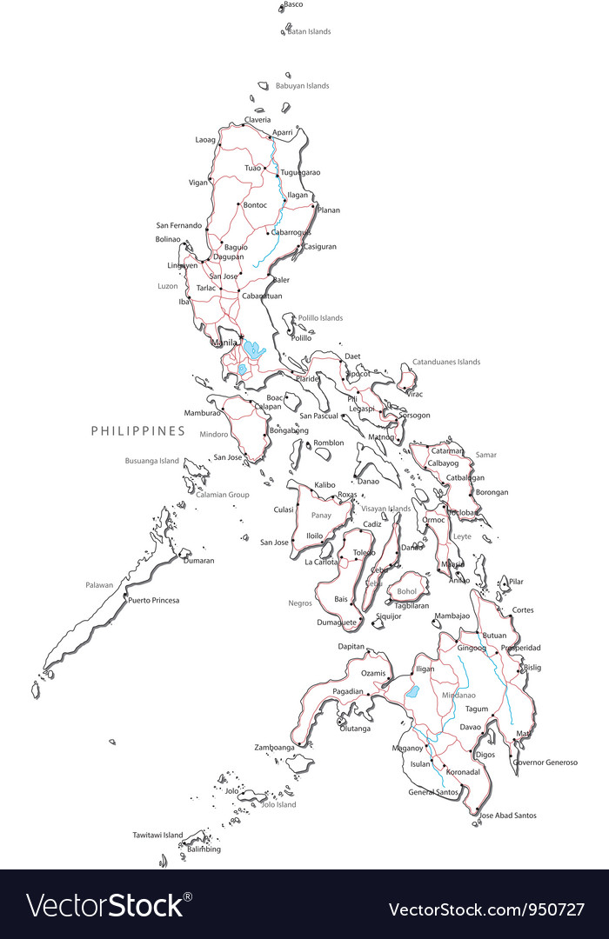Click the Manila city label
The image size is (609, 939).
224,343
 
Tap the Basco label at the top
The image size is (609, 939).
293,4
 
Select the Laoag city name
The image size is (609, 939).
205,139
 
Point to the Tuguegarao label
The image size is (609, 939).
300,172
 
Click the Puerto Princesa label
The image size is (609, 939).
153,600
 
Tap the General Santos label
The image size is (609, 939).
432,792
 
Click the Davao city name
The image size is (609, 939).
470,726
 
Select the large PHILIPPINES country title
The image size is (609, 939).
138,430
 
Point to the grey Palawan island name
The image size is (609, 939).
99,585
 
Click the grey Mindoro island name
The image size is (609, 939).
213,434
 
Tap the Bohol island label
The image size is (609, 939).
407,591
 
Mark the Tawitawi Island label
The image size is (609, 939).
157,835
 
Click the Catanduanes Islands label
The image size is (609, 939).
445,362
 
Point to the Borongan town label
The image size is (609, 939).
492,492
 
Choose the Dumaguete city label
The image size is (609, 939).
337,623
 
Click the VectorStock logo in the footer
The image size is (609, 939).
110,905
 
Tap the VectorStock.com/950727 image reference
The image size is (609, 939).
486,909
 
